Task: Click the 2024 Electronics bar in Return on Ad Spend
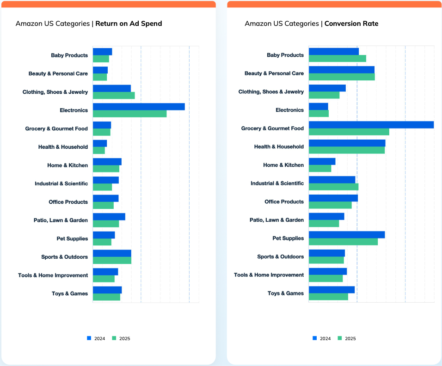139,107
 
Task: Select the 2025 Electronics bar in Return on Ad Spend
129,114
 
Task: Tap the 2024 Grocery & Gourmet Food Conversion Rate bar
371,125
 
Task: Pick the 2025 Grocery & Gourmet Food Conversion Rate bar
349,132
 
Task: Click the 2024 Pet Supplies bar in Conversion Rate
347,235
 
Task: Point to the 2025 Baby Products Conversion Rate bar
338,58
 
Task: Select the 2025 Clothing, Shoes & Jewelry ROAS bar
114,95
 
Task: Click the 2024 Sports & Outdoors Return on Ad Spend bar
112,253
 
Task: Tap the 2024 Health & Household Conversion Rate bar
347,143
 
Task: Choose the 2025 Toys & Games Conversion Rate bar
328,297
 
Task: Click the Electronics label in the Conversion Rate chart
289,110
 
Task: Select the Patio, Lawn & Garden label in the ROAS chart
61,220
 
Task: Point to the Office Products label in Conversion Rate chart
284,202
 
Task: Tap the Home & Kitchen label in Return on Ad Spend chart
68,165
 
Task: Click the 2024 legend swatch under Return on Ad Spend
89,338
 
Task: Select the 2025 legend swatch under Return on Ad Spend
114,338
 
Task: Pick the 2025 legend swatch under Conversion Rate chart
340,338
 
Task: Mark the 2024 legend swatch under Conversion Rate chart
315,338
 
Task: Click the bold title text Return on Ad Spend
129,24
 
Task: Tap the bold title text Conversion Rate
351,24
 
